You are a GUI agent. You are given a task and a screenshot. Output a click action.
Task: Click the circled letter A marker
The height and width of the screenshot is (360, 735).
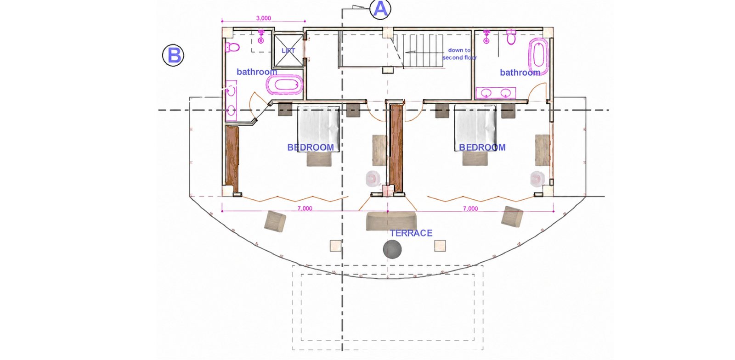tap(380, 9)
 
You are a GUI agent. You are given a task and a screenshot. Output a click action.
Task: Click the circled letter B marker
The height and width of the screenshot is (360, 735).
tap(173, 55)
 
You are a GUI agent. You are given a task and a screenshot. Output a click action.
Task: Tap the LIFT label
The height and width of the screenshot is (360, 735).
tap(288, 51)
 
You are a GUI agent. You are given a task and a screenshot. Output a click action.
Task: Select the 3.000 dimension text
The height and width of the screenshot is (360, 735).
tap(264, 18)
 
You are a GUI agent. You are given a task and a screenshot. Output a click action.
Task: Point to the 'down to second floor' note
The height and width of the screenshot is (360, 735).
tap(459, 54)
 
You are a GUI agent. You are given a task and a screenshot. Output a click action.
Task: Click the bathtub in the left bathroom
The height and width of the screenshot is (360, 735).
tap(284, 85)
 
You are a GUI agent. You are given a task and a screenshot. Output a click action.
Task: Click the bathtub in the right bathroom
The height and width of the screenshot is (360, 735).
tap(538, 56)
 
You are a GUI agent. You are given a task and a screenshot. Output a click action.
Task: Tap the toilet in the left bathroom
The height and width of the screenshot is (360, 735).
tap(232, 47)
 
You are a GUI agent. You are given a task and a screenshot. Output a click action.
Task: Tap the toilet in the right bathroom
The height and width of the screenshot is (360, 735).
tap(511, 37)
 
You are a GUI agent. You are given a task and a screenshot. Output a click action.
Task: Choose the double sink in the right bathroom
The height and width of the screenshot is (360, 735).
tap(496, 93)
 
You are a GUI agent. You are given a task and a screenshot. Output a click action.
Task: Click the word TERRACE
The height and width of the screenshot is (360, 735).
tap(411, 233)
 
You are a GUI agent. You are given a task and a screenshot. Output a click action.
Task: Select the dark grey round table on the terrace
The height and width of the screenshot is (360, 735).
tap(392, 249)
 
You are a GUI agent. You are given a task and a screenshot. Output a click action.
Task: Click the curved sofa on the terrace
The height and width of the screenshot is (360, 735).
tap(391, 221)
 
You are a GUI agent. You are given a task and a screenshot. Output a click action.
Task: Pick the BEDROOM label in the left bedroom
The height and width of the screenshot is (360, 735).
tap(311, 147)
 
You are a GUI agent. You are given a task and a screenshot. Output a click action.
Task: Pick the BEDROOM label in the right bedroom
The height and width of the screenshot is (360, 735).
tap(482, 147)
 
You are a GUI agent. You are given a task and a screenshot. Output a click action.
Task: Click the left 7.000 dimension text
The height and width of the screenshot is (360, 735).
tap(305, 208)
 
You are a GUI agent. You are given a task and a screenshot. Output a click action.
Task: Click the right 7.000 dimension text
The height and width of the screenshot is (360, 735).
tap(470, 208)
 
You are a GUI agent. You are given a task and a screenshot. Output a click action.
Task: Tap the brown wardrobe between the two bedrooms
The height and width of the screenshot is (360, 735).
tap(396, 148)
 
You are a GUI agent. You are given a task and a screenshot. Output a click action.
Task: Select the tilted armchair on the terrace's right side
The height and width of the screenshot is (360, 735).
tap(512, 216)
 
